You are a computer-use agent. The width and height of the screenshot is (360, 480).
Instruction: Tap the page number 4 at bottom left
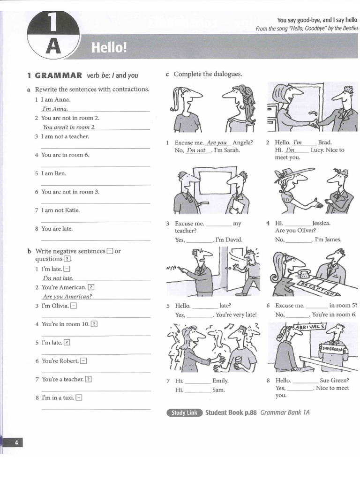click(x=16, y=442)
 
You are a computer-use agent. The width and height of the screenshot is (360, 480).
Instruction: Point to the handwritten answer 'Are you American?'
click(x=67, y=297)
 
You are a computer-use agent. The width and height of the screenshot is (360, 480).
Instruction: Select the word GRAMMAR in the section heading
click(x=59, y=75)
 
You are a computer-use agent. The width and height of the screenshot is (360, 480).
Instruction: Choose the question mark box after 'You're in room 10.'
click(x=94, y=324)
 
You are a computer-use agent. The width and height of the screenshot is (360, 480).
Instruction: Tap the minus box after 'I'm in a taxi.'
click(x=79, y=397)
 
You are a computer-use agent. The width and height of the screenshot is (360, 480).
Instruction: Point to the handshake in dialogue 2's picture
click(x=313, y=123)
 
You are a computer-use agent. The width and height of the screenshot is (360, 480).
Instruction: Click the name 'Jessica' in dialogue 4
click(x=321, y=224)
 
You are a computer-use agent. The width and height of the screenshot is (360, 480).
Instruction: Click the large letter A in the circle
click(x=54, y=47)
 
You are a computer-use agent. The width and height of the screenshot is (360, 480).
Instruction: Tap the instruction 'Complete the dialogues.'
click(x=208, y=74)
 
